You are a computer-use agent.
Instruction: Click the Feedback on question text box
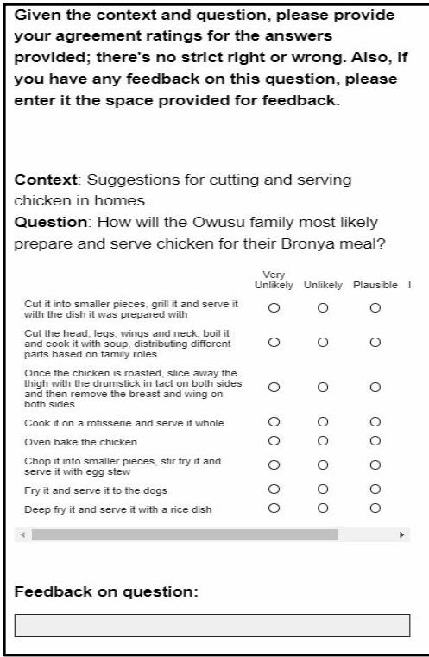tap(212, 626)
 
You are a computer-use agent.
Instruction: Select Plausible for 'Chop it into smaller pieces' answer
tap(375, 465)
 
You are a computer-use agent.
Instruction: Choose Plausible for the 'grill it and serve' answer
tap(375, 307)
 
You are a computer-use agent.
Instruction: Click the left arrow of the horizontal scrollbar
tap(23, 535)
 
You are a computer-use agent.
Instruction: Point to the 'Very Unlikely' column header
tap(274, 281)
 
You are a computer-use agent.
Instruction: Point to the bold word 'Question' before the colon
tap(43, 222)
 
